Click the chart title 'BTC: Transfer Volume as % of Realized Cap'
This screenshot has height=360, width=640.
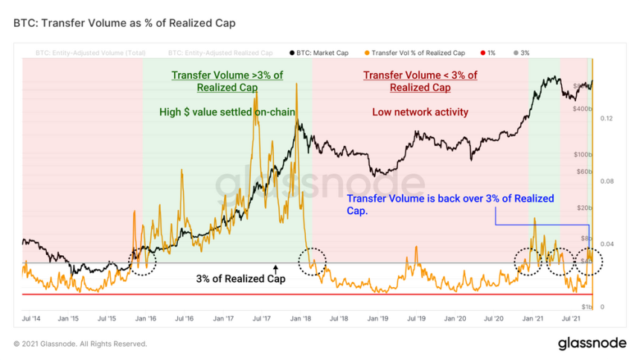pyautogui.click(x=124, y=23)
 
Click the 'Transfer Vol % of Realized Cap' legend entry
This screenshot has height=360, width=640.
pyautogui.click(x=417, y=53)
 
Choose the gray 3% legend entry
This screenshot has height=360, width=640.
pyautogui.click(x=520, y=53)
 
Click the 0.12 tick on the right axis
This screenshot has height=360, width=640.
pyautogui.click(x=607, y=119)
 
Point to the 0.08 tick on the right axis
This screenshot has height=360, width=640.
pyautogui.click(x=607, y=181)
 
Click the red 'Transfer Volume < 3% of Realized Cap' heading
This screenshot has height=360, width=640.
pyautogui.click(x=420, y=81)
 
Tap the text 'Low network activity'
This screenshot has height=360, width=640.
pyautogui.click(x=420, y=112)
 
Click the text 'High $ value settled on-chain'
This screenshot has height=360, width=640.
pyautogui.click(x=227, y=112)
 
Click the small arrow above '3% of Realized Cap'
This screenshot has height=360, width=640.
pyautogui.click(x=275, y=268)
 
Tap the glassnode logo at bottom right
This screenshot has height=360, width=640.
pyautogui.click(x=592, y=343)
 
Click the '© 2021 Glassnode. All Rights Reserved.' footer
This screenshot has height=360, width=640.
pyautogui.click(x=80, y=344)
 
